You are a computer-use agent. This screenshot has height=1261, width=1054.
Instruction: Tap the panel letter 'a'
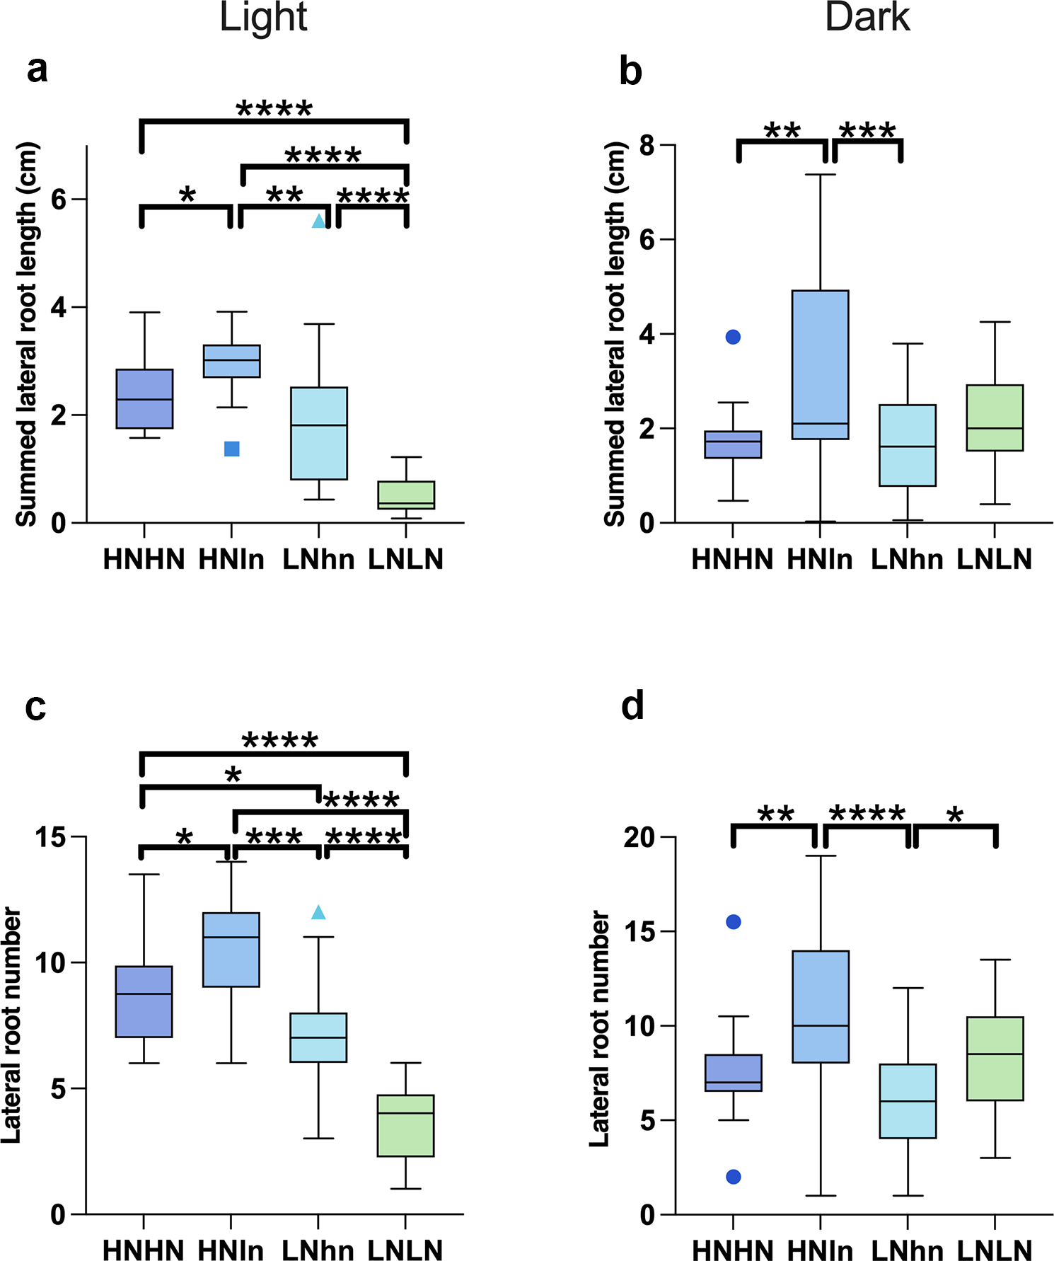click(37, 69)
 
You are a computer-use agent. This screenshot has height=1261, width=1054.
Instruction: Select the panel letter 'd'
click(632, 706)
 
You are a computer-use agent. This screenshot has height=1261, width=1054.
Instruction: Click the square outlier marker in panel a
click(232, 449)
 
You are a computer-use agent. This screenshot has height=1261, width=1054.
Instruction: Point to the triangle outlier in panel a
click(319, 221)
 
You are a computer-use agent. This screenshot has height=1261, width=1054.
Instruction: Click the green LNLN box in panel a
click(406, 495)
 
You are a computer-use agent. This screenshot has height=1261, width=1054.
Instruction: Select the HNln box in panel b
click(821, 364)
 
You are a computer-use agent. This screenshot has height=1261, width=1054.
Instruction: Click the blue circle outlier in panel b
click(734, 337)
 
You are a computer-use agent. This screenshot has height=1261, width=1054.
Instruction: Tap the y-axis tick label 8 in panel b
click(647, 146)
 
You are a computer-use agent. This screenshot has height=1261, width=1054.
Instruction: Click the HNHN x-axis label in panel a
click(144, 560)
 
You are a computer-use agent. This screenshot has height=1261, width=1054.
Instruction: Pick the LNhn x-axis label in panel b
click(907, 560)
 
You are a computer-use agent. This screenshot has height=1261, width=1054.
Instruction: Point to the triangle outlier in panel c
click(319, 913)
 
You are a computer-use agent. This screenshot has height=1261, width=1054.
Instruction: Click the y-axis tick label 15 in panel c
click(50, 838)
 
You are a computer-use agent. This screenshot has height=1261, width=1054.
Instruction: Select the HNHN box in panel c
click(144, 1001)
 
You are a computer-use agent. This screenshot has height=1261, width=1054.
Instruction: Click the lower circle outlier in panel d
click(734, 1177)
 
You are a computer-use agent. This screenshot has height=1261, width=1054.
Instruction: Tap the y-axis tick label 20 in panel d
click(639, 838)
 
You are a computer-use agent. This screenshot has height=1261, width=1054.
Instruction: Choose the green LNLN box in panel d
click(995, 1059)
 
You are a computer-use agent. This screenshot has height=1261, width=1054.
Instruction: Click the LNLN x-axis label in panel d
click(995, 1250)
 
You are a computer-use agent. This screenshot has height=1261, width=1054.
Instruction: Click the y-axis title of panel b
click(615, 334)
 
